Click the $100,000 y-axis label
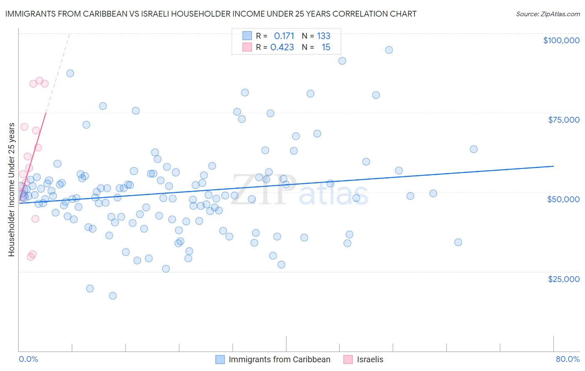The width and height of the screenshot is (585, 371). [x=561, y=40]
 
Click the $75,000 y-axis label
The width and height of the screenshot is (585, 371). [x=564, y=120]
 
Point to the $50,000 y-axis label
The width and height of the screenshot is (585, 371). [x=563, y=199]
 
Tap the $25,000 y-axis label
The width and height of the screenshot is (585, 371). [x=564, y=279]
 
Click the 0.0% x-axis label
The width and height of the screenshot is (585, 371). [x=28, y=359]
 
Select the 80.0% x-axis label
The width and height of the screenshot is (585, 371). [x=568, y=359]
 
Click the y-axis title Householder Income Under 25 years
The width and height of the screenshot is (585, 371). [x=11, y=190]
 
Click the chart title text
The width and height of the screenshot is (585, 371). [x=211, y=14]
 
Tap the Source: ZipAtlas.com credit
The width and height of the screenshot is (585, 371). [x=548, y=14]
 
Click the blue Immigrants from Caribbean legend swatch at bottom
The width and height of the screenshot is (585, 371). [x=220, y=359]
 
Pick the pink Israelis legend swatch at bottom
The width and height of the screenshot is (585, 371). [x=348, y=359]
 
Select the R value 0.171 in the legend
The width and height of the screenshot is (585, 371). [x=284, y=36]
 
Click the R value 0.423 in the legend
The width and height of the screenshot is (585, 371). [x=282, y=47]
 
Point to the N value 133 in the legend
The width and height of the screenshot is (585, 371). [x=324, y=36]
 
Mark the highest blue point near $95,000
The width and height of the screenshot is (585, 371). [x=389, y=50]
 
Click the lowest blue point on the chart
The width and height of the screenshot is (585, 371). [x=113, y=296]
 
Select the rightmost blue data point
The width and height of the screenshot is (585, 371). [x=473, y=149]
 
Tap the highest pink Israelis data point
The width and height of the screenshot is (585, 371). [x=40, y=81]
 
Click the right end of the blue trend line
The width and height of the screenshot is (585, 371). [x=553, y=166]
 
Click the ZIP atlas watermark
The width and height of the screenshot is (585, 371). [x=300, y=190]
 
